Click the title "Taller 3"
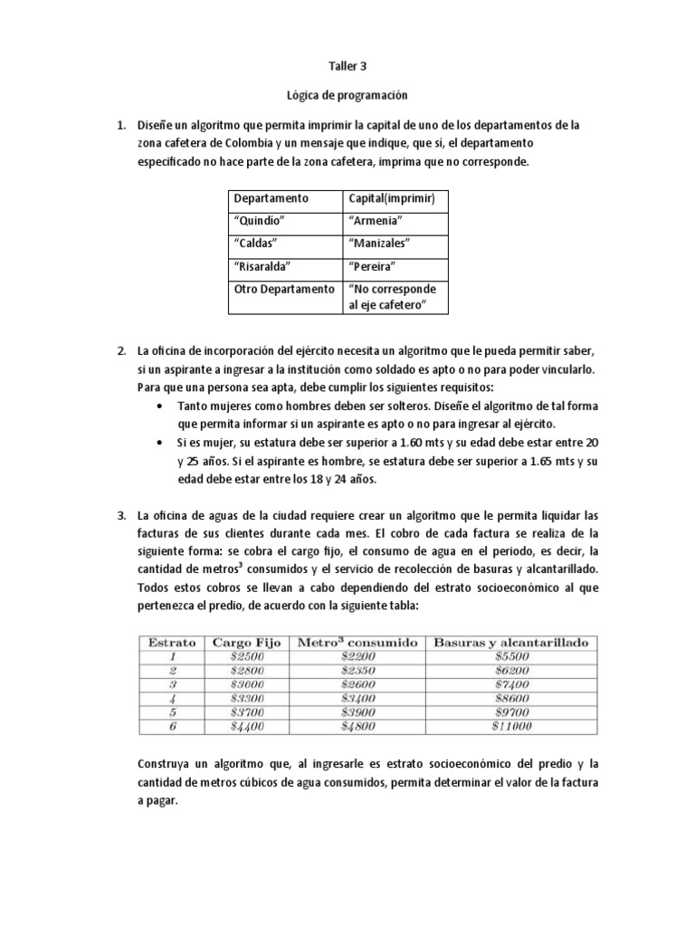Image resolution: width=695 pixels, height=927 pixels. click(x=347, y=66)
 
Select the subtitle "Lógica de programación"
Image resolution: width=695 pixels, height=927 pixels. click(x=347, y=94)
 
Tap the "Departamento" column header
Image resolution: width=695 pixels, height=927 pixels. click(x=271, y=198)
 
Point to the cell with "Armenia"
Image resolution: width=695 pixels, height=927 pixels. click(x=375, y=221)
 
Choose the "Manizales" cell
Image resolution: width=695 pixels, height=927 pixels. click(x=379, y=244)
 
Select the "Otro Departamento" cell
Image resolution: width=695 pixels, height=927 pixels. click(x=283, y=290)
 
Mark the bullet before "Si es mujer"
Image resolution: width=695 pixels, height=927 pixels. click(x=161, y=444)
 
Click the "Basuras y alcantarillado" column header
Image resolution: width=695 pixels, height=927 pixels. click(x=511, y=642)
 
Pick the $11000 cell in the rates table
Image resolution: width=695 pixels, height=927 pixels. click(x=511, y=725)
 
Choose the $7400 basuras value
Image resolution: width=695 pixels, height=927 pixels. click(x=511, y=683)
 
